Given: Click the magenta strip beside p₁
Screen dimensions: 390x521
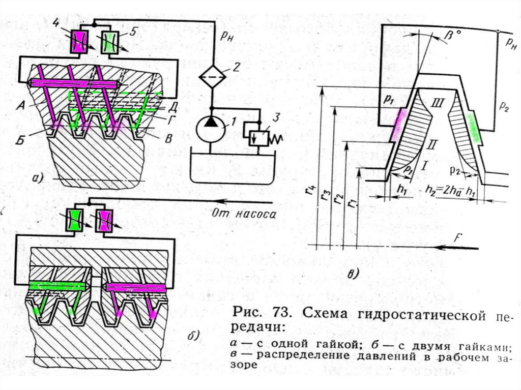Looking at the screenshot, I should point(397,125).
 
